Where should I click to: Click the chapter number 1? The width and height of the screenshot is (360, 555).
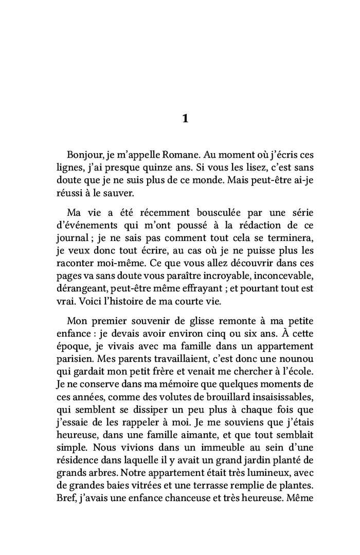185,119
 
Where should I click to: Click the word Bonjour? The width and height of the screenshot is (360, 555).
85,155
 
